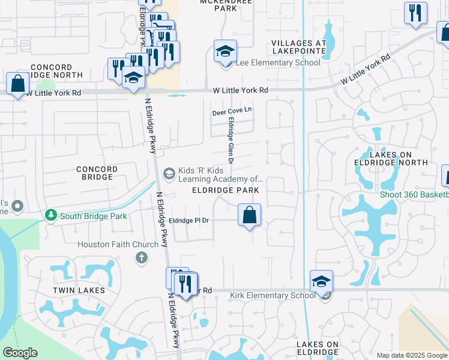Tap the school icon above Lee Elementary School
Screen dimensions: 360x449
click(x=225, y=51)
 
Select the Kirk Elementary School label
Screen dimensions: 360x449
click(x=273, y=295)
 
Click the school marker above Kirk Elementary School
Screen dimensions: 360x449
click(x=321, y=281)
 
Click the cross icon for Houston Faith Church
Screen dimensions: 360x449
click(x=141, y=258)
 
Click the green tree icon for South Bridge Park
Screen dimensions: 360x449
click(x=52, y=215)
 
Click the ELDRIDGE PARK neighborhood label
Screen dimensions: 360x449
click(x=225, y=190)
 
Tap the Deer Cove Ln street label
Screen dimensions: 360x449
click(x=232, y=112)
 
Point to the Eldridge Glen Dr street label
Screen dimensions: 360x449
click(x=229, y=140)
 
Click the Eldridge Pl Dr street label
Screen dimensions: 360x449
click(x=189, y=221)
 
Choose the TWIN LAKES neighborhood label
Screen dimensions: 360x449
click(x=79, y=290)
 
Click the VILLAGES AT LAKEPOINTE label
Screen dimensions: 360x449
click(x=298, y=47)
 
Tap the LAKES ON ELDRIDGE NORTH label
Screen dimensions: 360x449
click(x=399, y=158)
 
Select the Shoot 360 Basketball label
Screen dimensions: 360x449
click(x=414, y=194)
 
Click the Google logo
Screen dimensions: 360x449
click(x=20, y=352)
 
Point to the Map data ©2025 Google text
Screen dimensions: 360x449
click(x=412, y=355)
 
